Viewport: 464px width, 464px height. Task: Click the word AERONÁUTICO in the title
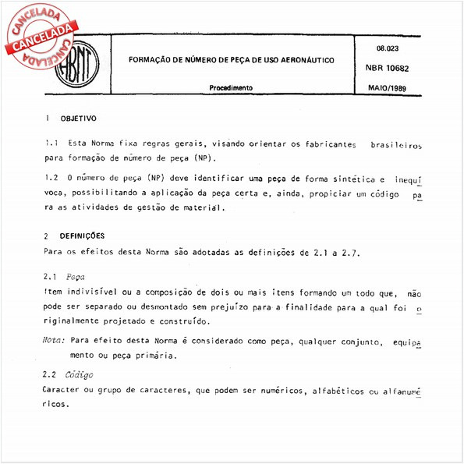pyautogui.click(x=299, y=60)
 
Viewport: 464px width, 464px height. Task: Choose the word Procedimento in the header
pyautogui.click(x=231, y=89)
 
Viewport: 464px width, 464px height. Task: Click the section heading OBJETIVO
pyautogui.click(x=79, y=119)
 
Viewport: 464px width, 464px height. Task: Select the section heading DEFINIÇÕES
pyautogui.click(x=83, y=236)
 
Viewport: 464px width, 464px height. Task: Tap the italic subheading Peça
pyautogui.click(x=76, y=277)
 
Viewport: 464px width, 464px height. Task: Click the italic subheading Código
pyautogui.click(x=80, y=374)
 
